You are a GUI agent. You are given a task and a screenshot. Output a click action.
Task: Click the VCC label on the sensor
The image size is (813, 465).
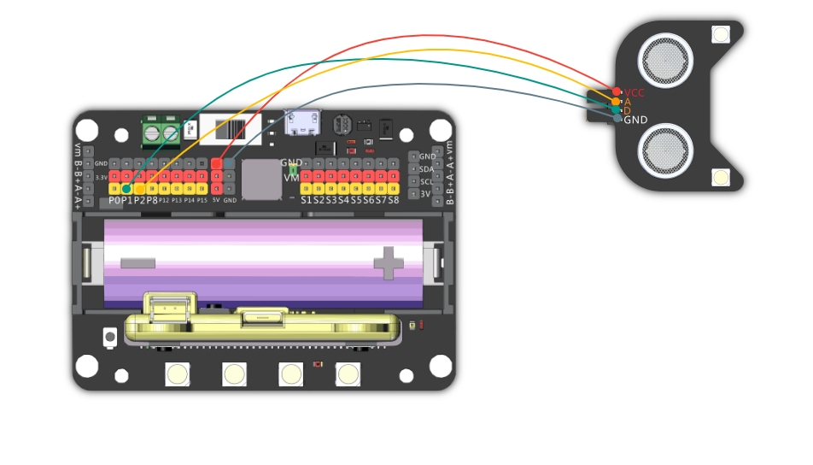[x=635, y=92]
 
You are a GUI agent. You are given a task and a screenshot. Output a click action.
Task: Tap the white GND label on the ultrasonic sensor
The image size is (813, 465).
[x=635, y=120]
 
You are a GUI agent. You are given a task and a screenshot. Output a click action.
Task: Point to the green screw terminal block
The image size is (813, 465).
[x=161, y=132]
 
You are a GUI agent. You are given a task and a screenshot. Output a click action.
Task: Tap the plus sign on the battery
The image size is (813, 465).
[x=389, y=262]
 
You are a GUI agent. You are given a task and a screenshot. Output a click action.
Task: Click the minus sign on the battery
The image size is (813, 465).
[x=137, y=262]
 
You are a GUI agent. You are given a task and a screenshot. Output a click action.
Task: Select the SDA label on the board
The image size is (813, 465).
[x=428, y=168]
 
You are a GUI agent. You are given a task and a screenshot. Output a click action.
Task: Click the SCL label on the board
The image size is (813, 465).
[x=428, y=181]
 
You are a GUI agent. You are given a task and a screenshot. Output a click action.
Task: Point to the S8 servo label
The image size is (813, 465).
[x=394, y=200]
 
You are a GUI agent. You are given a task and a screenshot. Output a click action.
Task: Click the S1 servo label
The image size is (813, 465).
[x=306, y=200]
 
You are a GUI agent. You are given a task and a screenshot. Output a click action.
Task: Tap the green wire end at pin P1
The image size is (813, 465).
[x=126, y=188]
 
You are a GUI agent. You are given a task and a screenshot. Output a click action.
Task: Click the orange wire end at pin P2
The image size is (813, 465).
[x=139, y=188]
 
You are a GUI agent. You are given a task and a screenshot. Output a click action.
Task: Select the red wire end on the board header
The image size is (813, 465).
[x=217, y=162]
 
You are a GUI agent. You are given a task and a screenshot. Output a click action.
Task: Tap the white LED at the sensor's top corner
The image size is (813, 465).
[x=721, y=34]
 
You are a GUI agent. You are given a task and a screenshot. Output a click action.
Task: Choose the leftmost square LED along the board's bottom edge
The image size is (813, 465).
[x=178, y=374]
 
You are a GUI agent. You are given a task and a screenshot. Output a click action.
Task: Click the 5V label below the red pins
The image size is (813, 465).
[x=216, y=200]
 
